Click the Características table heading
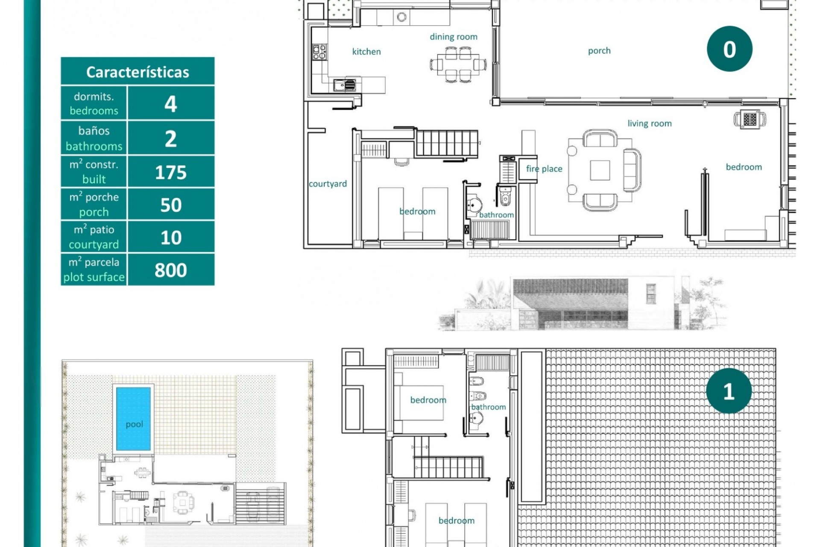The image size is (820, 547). (x=138, y=72)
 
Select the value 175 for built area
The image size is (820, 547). (x=171, y=172)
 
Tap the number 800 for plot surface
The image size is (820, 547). (x=171, y=270)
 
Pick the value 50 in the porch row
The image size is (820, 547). (x=171, y=205)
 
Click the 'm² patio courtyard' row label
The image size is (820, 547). (x=94, y=237)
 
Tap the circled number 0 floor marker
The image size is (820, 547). (x=729, y=49)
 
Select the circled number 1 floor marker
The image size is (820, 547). (x=729, y=391)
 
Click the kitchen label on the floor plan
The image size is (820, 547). (x=366, y=52)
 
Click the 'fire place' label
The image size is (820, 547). (x=544, y=169)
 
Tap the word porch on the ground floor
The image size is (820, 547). (x=599, y=51)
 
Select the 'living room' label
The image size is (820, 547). (x=649, y=124)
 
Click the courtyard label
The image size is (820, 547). (x=328, y=184)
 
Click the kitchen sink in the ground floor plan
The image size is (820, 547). (x=344, y=85)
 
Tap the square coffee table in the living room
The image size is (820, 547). (x=600, y=170)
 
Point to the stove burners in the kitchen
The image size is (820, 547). (x=319, y=52)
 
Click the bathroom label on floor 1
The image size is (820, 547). (x=488, y=407)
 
